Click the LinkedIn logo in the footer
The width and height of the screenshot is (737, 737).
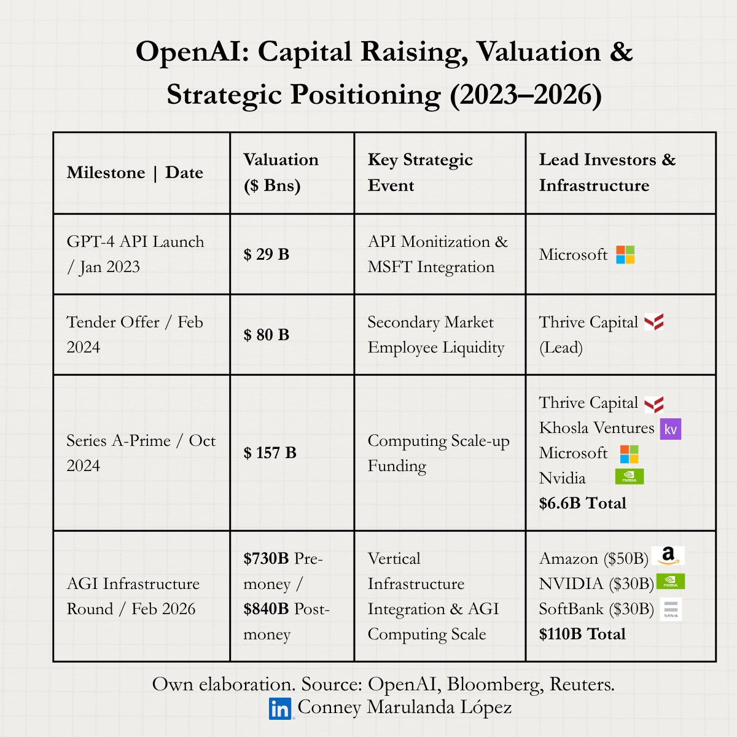coord(280,708)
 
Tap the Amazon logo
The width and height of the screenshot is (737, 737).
coord(668,555)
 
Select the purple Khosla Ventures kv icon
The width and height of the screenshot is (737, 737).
coord(671,429)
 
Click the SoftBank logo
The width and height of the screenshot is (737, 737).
coord(671,609)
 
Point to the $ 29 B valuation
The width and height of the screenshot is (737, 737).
coord(266,254)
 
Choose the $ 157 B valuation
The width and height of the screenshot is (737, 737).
coord(270,453)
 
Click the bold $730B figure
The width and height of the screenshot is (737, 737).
coord(266,558)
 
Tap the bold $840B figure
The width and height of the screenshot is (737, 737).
coord(266,609)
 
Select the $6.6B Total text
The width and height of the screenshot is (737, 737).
coord(582,503)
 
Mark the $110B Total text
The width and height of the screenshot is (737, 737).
coord(582,634)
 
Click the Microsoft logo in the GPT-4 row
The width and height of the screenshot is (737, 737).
coord(625,255)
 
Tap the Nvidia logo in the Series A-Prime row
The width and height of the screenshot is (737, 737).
coord(629,477)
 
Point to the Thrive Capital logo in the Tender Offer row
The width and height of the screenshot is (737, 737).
coord(653,322)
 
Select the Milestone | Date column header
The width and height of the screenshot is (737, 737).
coord(135,173)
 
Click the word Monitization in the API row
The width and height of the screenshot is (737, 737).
coord(445,242)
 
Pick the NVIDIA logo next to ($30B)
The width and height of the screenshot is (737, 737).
coord(671,582)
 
